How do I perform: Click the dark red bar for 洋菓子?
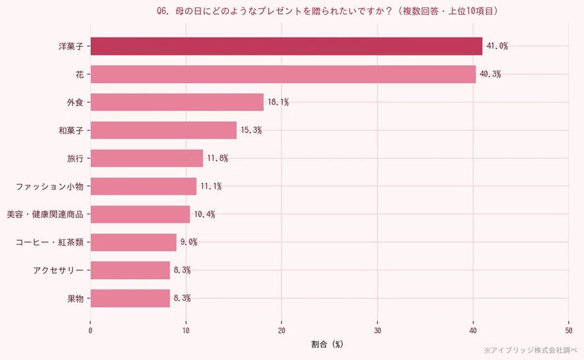pos(286,46)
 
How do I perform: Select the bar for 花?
pos(283,75)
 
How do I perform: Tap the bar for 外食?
pos(177,102)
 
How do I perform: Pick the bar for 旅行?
pos(146,158)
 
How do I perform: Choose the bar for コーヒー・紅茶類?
pos(133,242)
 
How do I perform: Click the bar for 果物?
pos(130,298)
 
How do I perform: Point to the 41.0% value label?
pos(497,46)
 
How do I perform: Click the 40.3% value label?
pos(490,75)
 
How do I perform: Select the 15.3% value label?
pos(251,131)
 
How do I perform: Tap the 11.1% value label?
pos(211,187)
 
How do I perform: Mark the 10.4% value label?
pos(204,214)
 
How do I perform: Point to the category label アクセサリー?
pos(58,270)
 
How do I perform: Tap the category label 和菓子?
pos(71,131)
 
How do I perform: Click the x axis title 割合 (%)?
pos(328,344)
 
